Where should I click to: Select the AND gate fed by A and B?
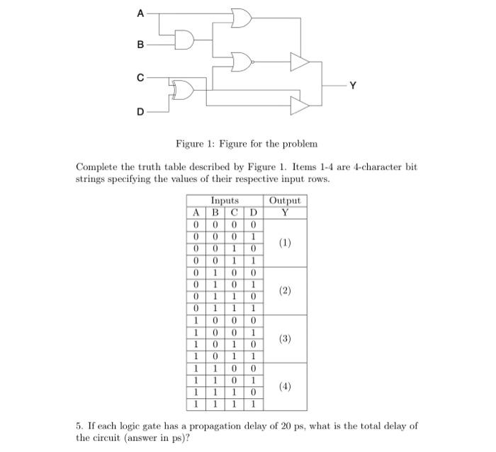(x=185, y=40)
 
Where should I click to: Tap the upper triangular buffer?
(x=300, y=64)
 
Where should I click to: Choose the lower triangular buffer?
(x=300, y=106)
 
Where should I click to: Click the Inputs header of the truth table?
(x=225, y=200)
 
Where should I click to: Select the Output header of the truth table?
(x=285, y=200)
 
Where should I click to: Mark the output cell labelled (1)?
(x=285, y=242)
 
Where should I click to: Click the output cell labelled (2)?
(x=285, y=290)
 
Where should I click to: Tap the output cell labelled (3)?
(x=285, y=339)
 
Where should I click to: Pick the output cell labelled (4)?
(x=285, y=387)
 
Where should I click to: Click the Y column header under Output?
(x=285, y=212)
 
